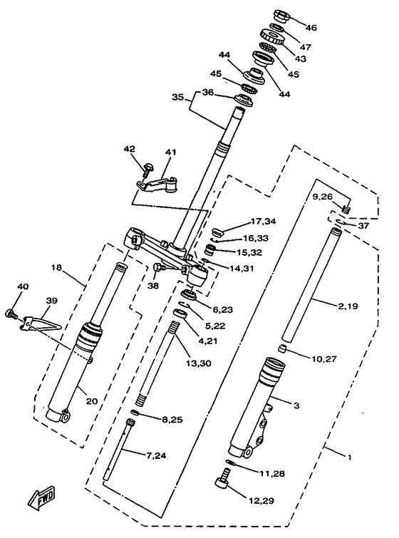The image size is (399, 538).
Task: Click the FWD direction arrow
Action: pos(41,497)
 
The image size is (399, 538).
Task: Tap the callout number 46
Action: pos(311,28)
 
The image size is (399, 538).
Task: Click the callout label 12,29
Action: pos(261,501)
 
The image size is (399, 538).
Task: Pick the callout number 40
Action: pos(23,286)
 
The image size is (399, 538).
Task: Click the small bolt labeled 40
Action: pos(11,313)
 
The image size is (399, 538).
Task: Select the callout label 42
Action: pos(130,149)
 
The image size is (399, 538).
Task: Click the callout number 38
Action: pos(153,286)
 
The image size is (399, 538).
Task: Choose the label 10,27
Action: pos(324,359)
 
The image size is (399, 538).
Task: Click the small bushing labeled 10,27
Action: pos(281,349)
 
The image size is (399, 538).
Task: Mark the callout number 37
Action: pos(363,225)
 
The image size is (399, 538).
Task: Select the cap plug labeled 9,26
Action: pos(346,208)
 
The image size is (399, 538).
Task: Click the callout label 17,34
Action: pos(264,222)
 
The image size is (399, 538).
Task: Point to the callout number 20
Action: pos(91,400)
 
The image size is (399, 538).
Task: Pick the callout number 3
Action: pos(296,405)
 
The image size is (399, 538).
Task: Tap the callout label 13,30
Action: pos(199,363)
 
